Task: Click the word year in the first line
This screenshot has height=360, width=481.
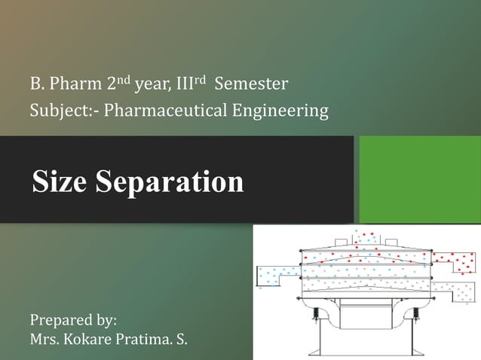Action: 150,83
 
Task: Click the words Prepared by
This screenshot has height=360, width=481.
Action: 73,320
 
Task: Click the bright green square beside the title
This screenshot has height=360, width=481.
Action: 420,179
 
